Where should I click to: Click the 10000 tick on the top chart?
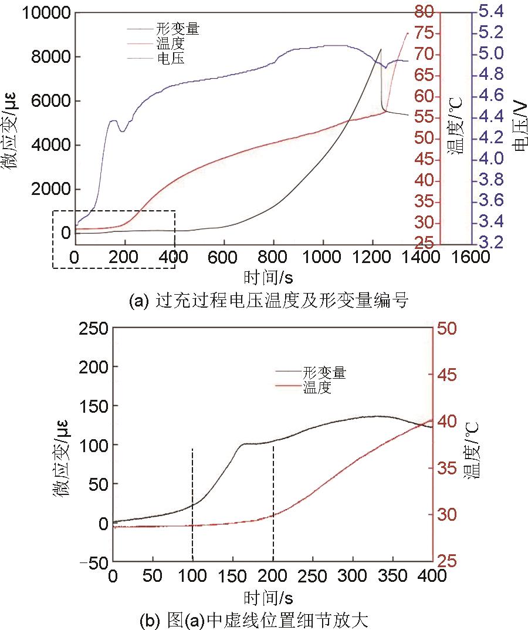[x=46, y=13]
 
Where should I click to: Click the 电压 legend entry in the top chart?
[x=171, y=58]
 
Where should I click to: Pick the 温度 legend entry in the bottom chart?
[x=317, y=388]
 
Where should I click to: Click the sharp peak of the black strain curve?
[x=380, y=49]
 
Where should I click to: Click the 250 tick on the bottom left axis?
[x=92, y=328]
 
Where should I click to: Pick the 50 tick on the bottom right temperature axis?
[x=448, y=328]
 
